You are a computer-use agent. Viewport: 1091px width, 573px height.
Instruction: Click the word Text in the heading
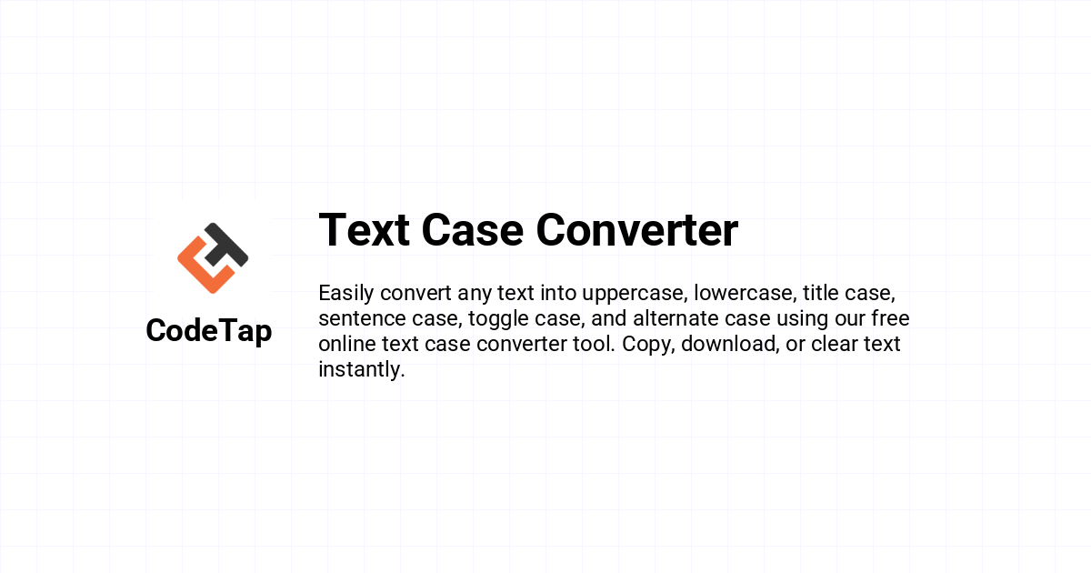[x=365, y=230]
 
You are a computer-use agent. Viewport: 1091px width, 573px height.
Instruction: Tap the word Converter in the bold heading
[x=637, y=230]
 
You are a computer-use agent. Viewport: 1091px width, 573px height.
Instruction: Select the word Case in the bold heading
[x=473, y=230]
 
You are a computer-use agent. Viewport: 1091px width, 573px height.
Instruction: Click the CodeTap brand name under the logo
[x=209, y=331]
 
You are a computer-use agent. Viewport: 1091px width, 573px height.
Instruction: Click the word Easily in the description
[x=346, y=294]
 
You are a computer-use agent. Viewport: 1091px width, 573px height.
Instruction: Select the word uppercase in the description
[x=635, y=294]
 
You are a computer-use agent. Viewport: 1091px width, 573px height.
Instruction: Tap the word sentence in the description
[x=362, y=318]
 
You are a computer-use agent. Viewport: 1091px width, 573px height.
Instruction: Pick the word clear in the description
[x=835, y=344]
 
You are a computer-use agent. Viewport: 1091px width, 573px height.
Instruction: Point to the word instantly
[x=362, y=369]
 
